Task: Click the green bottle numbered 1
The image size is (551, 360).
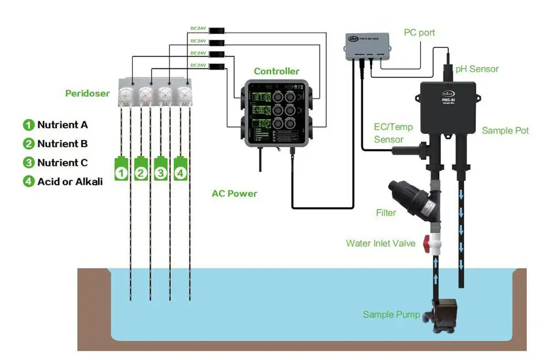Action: pos(121,169)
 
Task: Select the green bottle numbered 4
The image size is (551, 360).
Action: pos(181,169)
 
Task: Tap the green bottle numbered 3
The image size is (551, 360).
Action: pos(160,169)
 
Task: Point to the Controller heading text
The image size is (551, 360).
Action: pos(277,71)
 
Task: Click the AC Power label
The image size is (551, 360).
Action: pos(234,194)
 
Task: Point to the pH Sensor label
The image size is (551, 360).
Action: pos(477,69)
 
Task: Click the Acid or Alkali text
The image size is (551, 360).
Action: pos(70,181)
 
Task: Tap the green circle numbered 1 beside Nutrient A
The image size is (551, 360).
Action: pos(29,125)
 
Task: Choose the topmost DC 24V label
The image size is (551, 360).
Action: pos(198,29)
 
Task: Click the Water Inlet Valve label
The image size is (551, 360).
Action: pos(381,243)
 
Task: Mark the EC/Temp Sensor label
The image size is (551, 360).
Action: pos(393,133)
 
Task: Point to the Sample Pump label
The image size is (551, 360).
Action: pos(391,315)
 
